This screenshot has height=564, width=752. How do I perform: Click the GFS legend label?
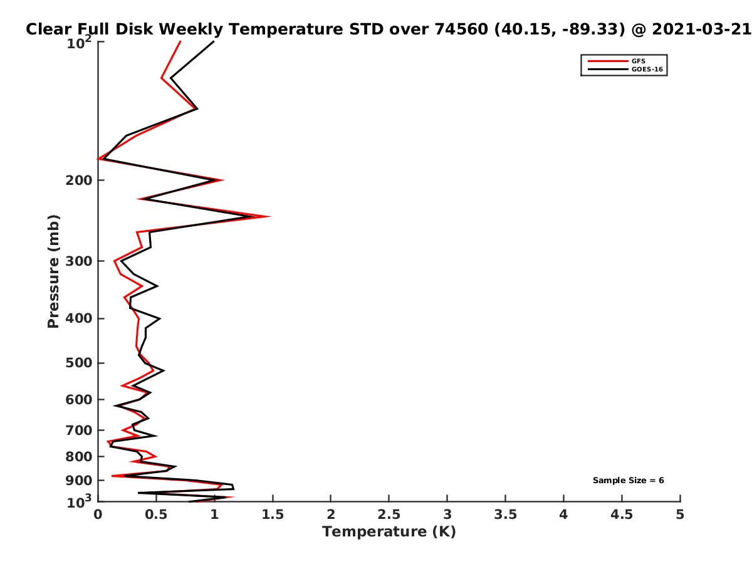coord(638,61)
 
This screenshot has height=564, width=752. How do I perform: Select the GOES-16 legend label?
coord(647,70)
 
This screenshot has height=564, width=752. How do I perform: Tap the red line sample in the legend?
coord(608,61)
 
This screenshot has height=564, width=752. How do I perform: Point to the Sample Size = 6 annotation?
coord(628,481)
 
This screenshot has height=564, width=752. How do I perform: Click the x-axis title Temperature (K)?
coord(389,532)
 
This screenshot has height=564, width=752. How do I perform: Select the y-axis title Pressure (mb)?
coord(53,271)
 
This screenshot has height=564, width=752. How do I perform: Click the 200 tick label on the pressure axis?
coord(79,180)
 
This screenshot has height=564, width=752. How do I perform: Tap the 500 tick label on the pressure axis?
coord(79,363)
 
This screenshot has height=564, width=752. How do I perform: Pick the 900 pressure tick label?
coord(79,481)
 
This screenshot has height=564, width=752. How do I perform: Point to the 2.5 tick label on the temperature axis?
coord(389,514)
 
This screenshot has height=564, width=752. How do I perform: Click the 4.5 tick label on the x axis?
coord(622,514)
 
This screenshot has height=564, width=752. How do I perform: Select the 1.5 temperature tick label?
coord(273,514)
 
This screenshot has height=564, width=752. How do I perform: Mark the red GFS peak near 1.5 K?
coord(270,216)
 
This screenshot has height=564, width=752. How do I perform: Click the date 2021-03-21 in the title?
coord(701,29)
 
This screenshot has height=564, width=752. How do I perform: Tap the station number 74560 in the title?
coord(461,29)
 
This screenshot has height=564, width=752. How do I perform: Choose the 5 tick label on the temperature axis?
coord(680,514)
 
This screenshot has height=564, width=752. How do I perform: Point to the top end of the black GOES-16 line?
coord(214,41)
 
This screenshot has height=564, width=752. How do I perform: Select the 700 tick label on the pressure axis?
coord(79,430)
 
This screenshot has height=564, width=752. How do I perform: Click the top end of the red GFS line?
coord(180,41)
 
